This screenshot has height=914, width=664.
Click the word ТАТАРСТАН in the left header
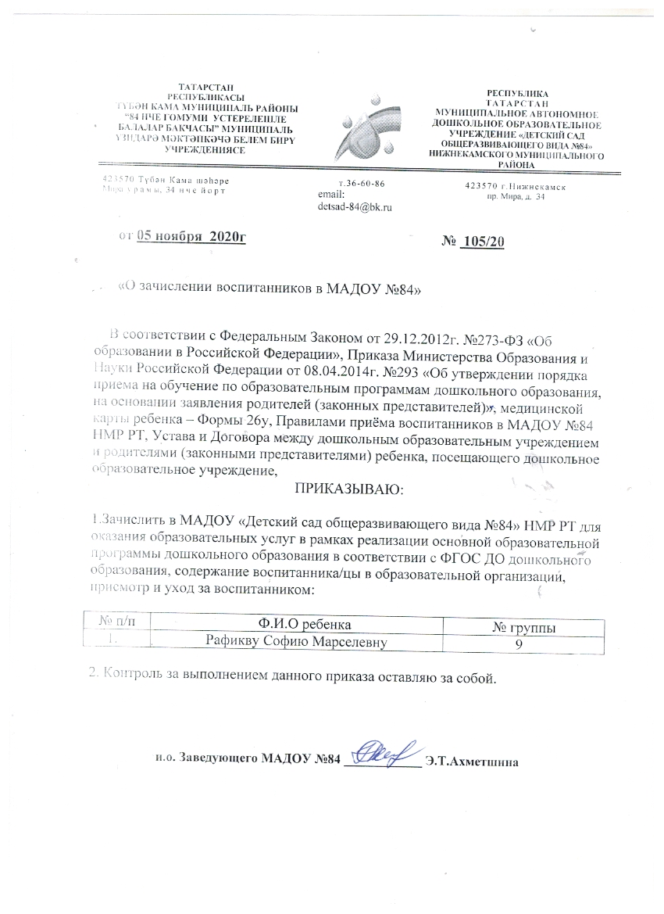point(205,87)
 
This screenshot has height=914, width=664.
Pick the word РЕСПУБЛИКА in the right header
point(516,93)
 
